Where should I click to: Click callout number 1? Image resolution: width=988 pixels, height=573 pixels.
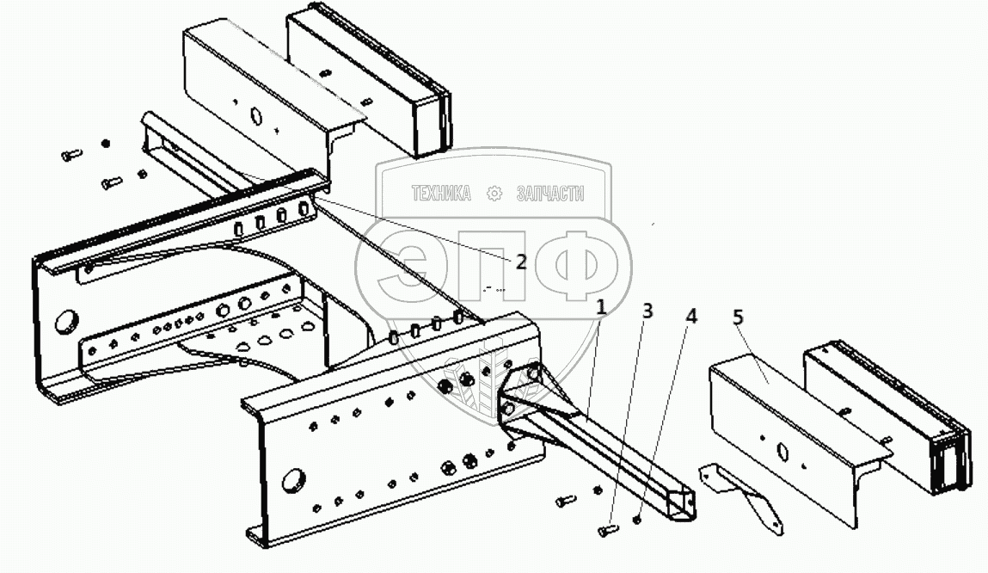[602, 305]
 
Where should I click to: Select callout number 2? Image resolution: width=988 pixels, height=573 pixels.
[521, 262]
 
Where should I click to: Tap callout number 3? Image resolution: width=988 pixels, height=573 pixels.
[647, 311]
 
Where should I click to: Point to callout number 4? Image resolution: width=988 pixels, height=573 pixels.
[690, 316]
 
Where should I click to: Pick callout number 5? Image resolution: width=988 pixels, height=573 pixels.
[738, 317]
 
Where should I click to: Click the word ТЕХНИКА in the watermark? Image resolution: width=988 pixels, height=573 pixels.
[441, 194]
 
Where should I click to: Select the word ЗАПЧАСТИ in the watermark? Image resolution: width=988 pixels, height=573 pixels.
[549, 194]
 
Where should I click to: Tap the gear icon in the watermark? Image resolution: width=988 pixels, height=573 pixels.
[494, 194]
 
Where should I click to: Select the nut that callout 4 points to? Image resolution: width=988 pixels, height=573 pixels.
[636, 520]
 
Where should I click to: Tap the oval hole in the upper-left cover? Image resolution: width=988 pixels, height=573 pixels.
[255, 114]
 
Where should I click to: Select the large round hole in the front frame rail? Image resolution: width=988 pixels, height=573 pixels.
[292, 477]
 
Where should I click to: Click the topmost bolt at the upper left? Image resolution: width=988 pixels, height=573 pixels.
[72, 155]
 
